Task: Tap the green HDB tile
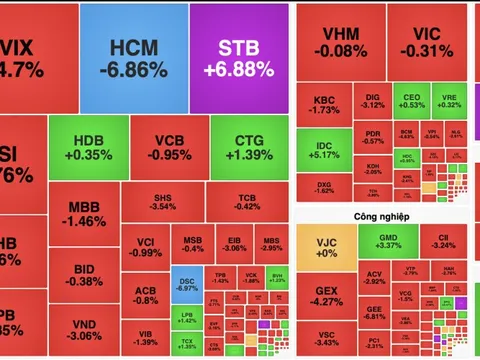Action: click(x=85, y=148)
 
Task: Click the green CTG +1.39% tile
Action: click(x=248, y=148)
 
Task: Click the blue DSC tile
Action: click(x=186, y=286)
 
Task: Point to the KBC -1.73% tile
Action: click(x=324, y=106)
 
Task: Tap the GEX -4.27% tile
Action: click(x=324, y=296)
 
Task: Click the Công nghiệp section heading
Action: click(x=354, y=216)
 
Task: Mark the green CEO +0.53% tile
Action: click(x=411, y=99)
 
